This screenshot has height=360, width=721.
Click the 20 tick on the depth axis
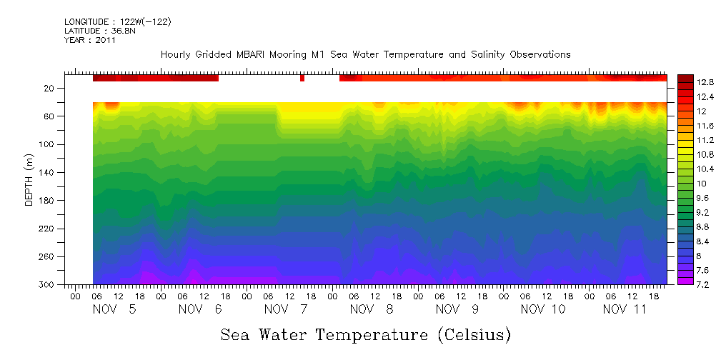tap(49, 89)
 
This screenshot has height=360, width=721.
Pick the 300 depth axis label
tap(47, 285)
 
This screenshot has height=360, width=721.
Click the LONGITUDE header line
tap(117, 22)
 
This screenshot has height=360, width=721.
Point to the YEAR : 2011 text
tap(89, 40)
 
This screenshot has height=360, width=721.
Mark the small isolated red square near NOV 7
tap(302, 78)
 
